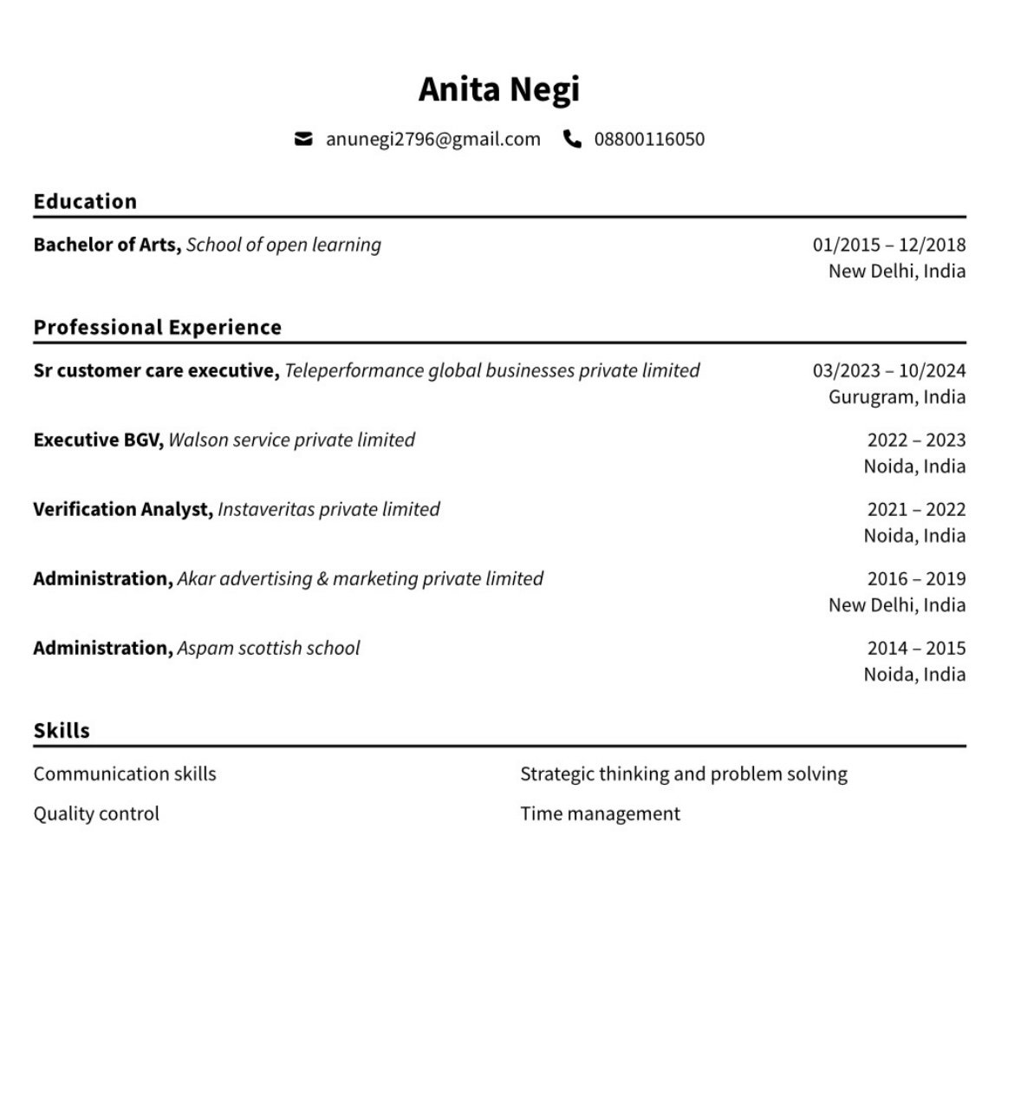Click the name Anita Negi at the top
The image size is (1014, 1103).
(498, 89)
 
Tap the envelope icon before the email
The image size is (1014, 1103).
(303, 139)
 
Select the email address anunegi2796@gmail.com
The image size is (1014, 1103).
(432, 140)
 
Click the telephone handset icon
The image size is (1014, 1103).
(572, 139)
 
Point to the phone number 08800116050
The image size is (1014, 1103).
(649, 140)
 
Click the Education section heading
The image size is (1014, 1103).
(85, 201)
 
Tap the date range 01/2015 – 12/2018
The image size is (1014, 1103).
(888, 245)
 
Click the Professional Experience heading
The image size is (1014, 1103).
(157, 327)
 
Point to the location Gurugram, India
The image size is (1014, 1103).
(896, 397)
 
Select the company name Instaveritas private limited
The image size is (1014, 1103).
(328, 509)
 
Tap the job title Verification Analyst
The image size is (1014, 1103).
(122, 509)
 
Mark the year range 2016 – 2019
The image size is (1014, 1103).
(916, 578)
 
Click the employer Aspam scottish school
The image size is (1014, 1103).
(268, 648)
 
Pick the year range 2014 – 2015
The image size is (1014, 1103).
(916, 648)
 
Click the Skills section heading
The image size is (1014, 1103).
(62, 730)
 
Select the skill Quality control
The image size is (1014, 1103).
(96, 813)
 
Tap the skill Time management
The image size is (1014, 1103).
(600, 813)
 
